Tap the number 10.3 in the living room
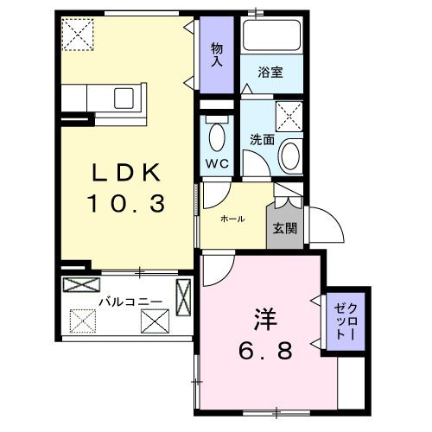(x=126, y=204)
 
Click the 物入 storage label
(x=217, y=54)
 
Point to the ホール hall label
(x=232, y=219)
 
